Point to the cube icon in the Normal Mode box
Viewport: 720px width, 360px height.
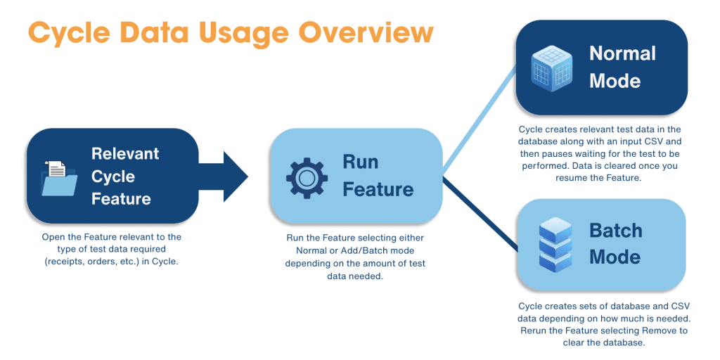pyautogui.click(x=551, y=67)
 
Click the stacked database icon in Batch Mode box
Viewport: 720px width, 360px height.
pyautogui.click(x=555, y=244)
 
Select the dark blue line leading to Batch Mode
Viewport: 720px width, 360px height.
pyautogui.click(x=480, y=214)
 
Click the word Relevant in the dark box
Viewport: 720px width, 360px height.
pyautogui.click(x=125, y=153)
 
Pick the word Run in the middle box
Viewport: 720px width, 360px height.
pyautogui.click(x=361, y=162)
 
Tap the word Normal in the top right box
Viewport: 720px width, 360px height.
pyautogui.click(x=623, y=54)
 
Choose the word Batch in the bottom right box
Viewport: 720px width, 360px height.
pyautogui.click(x=616, y=231)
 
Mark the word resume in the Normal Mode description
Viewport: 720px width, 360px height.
pyautogui.click(x=570, y=179)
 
